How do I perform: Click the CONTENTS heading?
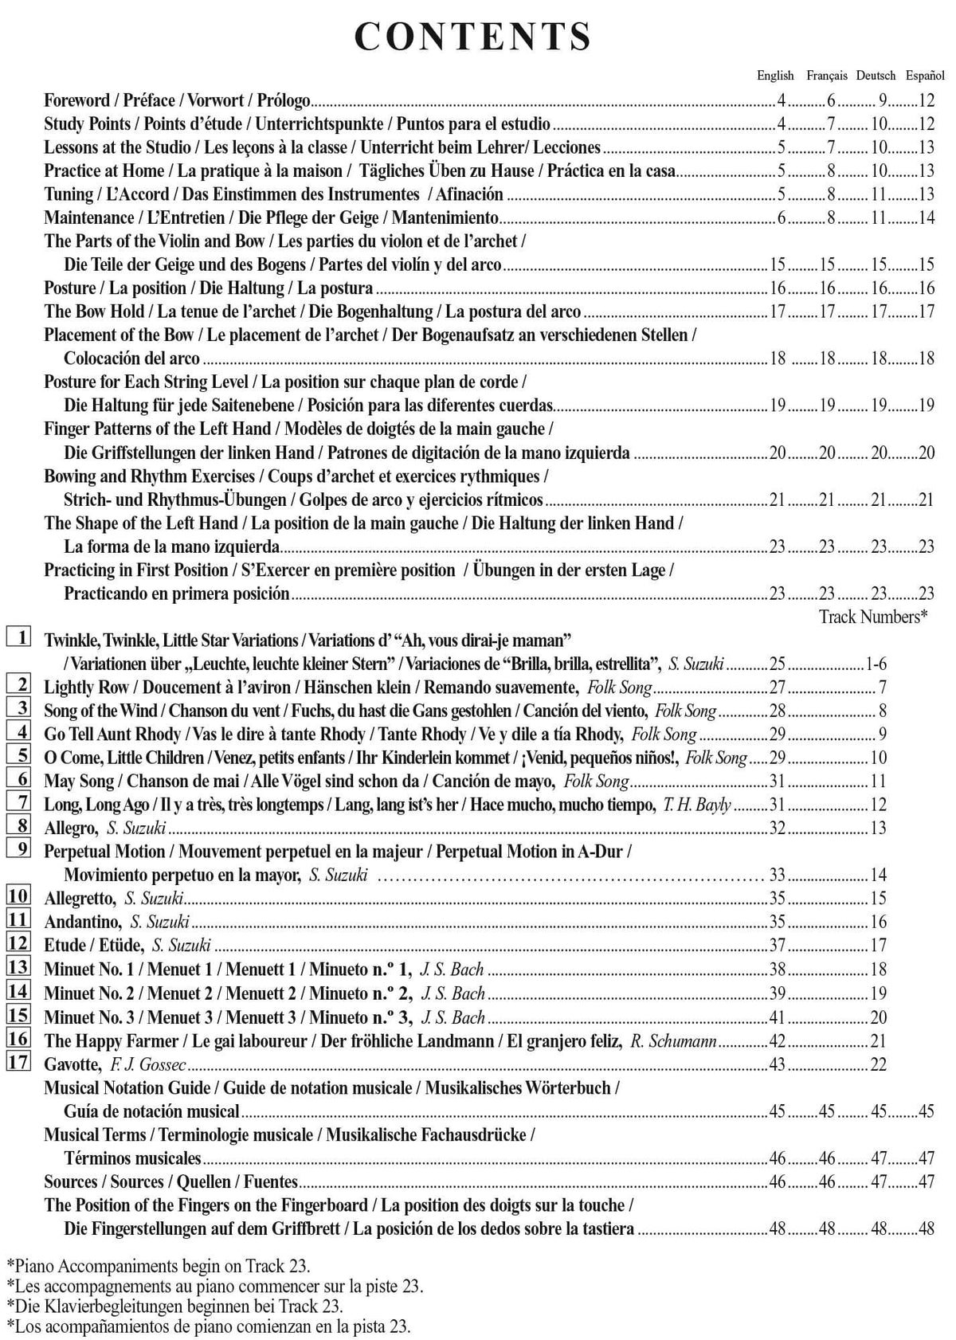[x=473, y=37]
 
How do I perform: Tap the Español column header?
[x=925, y=76]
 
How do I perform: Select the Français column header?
[x=826, y=76]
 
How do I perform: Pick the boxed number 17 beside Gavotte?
[x=19, y=1062]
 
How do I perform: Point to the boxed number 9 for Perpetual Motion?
[x=19, y=849]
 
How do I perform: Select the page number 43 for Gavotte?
[x=777, y=1064]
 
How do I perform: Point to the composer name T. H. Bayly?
[x=696, y=805]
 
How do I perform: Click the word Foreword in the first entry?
[x=77, y=101]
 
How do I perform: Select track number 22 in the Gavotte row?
[x=878, y=1064]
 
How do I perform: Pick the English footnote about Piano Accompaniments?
[x=158, y=1265]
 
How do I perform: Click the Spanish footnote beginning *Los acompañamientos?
[x=208, y=1326]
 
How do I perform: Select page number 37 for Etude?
[x=777, y=946]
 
